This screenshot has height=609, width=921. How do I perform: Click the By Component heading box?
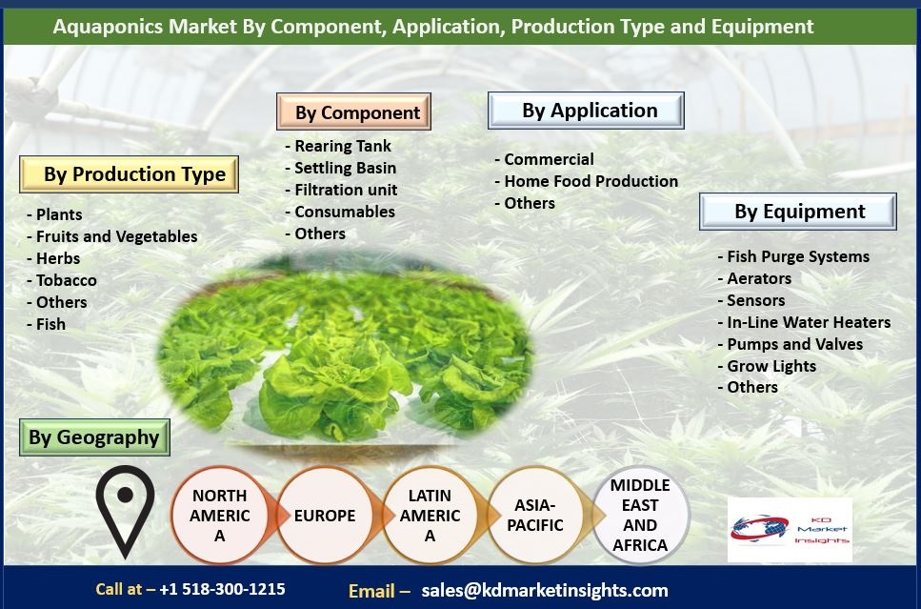pyautogui.click(x=353, y=112)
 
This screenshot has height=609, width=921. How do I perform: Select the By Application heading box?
pyautogui.click(x=586, y=111)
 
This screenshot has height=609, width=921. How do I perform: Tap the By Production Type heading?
pyautogui.click(x=129, y=174)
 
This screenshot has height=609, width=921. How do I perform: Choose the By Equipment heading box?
pyautogui.click(x=797, y=211)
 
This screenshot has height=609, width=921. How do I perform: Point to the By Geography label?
pyautogui.click(x=94, y=437)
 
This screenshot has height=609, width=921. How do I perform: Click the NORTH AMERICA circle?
pyautogui.click(x=220, y=516)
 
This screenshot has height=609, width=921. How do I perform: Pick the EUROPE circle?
pyautogui.click(x=325, y=516)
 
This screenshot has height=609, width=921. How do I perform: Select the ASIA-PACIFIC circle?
pyautogui.click(x=535, y=516)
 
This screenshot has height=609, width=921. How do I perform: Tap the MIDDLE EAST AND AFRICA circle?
pyautogui.click(x=640, y=516)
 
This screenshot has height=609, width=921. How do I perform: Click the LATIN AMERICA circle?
pyautogui.click(x=430, y=516)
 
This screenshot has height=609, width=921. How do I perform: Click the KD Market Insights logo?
pyautogui.click(x=790, y=530)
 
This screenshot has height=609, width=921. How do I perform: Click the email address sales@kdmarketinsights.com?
pyautogui.click(x=545, y=590)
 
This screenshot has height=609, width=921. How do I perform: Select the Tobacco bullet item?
pyautogui.click(x=62, y=280)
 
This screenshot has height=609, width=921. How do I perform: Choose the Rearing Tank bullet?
pyautogui.click(x=338, y=146)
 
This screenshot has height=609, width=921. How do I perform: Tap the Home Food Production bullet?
pyautogui.click(x=587, y=181)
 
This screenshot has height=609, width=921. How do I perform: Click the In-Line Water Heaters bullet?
pyautogui.click(x=804, y=322)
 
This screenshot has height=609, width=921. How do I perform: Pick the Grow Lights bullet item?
pyautogui.click(x=767, y=366)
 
